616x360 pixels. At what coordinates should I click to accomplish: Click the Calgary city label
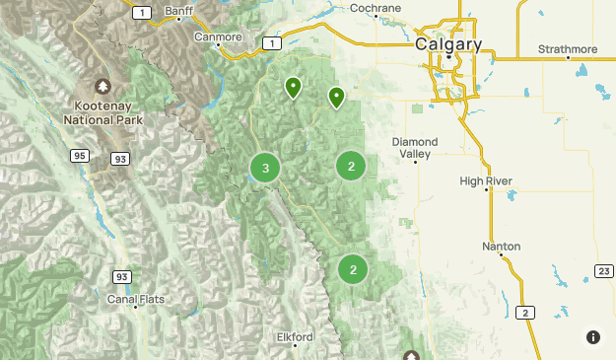pyautogui.click(x=448, y=44)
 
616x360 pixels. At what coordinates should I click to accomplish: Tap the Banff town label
pyautogui.click(x=179, y=11)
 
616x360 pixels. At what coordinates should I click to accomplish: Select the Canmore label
pyautogui.click(x=218, y=36)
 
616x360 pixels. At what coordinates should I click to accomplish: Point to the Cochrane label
pyautogui.click(x=376, y=8)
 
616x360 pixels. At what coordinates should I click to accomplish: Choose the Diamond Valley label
pyautogui.click(x=414, y=148)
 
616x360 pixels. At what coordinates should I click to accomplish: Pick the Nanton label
pyautogui.click(x=502, y=246)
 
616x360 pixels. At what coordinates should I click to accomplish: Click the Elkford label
pyautogui.click(x=295, y=336)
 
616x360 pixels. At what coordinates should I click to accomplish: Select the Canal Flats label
pyautogui.click(x=136, y=298)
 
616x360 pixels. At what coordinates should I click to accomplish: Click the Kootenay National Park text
pyautogui.click(x=103, y=111)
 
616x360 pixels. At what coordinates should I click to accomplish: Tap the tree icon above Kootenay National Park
pyautogui.click(x=103, y=88)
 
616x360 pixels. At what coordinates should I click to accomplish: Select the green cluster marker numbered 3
pyautogui.click(x=265, y=168)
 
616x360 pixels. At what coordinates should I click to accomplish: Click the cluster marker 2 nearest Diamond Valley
pyautogui.click(x=352, y=166)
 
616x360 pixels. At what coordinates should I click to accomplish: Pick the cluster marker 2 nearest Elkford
pyautogui.click(x=353, y=268)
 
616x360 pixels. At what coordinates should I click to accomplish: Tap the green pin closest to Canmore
pyautogui.click(x=293, y=89)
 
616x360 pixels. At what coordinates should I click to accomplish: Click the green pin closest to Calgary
pyautogui.click(x=337, y=97)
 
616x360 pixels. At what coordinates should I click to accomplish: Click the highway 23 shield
pyautogui.click(x=601, y=269)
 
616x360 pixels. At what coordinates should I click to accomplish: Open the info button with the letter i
pyautogui.click(x=592, y=337)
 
